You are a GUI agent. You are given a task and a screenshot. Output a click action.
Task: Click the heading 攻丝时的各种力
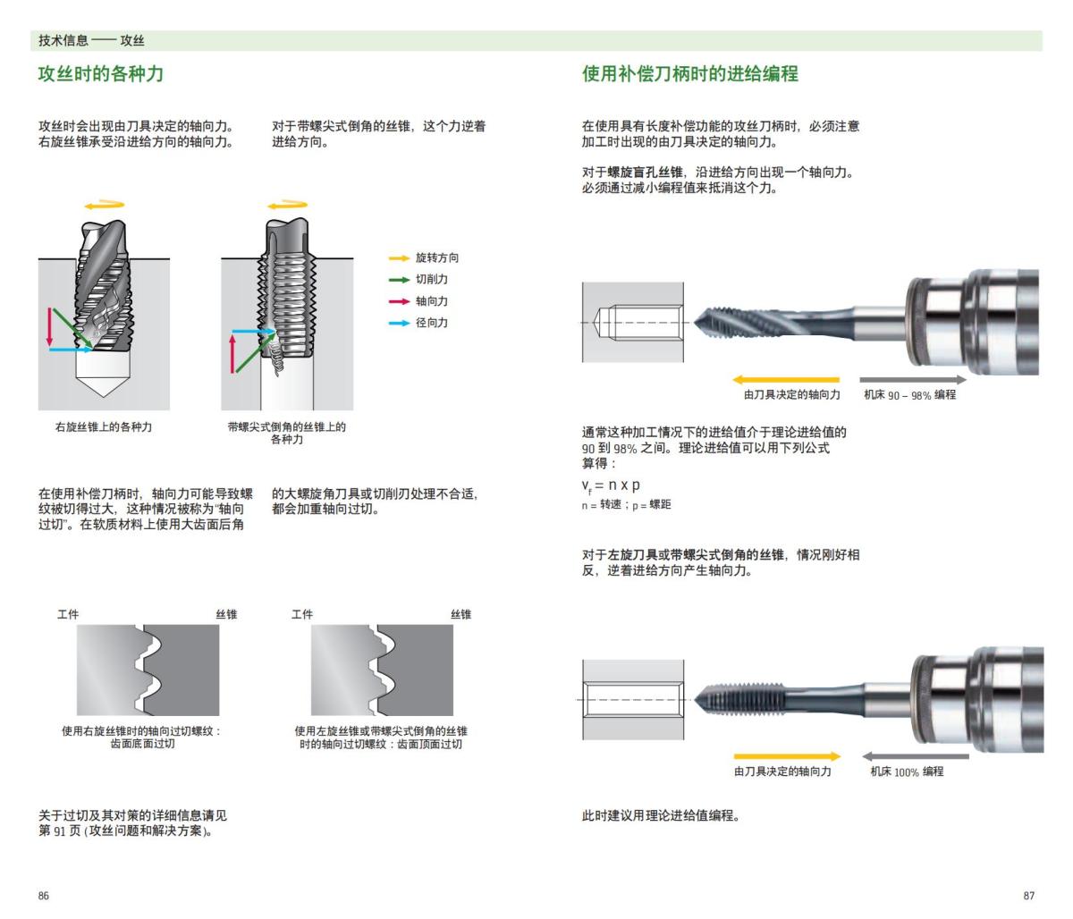pos(100,73)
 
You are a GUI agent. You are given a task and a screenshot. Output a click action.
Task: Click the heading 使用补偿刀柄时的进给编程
pos(689,73)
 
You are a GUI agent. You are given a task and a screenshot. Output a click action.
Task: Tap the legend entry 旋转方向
pos(436,257)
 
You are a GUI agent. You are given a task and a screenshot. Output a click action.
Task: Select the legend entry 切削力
pos(431,279)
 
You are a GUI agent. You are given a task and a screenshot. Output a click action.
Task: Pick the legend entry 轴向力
pos(431,301)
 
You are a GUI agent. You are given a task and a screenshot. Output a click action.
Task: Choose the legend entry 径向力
pos(431,323)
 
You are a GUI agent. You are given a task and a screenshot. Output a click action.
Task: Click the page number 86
pos(44,896)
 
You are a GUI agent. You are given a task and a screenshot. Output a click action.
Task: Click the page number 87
pos(1028,896)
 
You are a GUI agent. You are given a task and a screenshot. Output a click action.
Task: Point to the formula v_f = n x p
pos(611,485)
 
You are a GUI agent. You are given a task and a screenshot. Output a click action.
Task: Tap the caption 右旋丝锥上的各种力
pos(104,427)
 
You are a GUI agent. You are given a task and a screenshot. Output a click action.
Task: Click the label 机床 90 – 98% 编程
pos(909,394)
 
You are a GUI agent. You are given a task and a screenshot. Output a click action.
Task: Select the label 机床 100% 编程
pos(907,771)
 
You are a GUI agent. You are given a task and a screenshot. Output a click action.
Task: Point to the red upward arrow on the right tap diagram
pos(232,352)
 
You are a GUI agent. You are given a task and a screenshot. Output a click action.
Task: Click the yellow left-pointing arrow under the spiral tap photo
pos(785,380)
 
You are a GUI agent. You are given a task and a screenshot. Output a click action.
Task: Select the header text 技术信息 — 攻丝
pos(91,40)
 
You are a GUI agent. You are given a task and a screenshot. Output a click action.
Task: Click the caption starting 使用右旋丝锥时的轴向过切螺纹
pos(142,738)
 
